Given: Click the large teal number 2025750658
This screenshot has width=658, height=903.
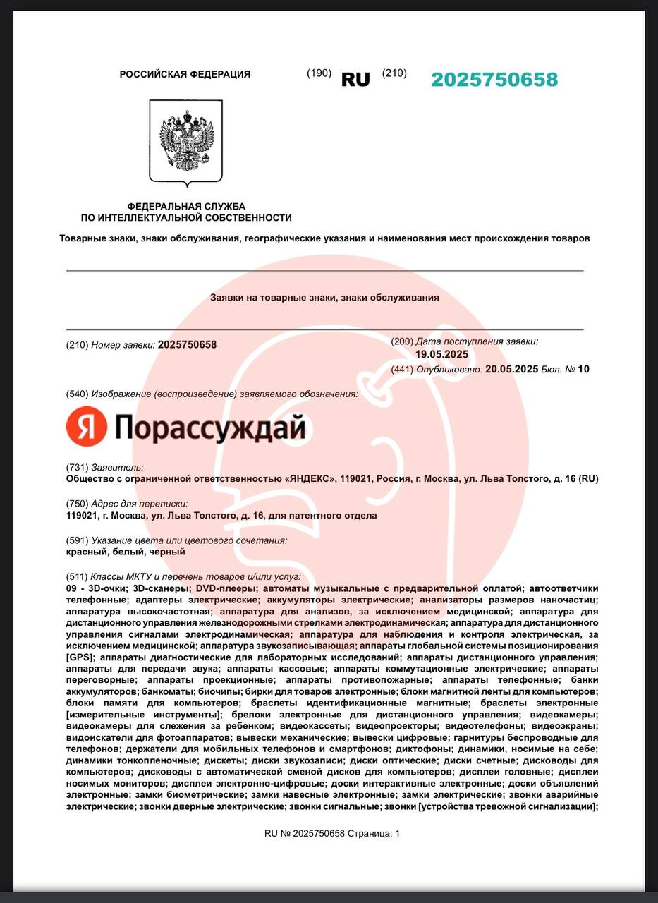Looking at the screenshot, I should (494, 80).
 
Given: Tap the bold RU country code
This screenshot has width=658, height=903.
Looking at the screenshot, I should (355, 80).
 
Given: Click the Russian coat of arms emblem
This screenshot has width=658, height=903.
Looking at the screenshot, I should (186, 141).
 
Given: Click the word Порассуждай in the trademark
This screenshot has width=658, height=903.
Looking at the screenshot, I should (209, 428).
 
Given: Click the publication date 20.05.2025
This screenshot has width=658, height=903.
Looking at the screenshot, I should (512, 369).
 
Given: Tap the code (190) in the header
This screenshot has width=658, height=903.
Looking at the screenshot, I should (319, 73).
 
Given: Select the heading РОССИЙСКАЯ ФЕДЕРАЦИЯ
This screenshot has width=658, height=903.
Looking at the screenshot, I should (185, 74).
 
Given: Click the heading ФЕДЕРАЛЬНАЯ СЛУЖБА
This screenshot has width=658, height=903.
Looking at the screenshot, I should (186, 206).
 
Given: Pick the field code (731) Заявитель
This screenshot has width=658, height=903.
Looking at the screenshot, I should (104, 467).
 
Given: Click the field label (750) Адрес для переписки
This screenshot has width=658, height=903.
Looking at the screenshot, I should (127, 504).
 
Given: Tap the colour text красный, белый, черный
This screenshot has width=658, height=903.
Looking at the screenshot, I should (126, 552).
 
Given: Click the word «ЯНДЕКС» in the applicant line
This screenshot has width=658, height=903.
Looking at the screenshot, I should (310, 479).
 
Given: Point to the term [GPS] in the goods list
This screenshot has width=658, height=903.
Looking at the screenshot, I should (78, 657).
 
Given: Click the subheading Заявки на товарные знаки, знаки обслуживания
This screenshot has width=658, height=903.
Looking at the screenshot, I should (324, 298).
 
